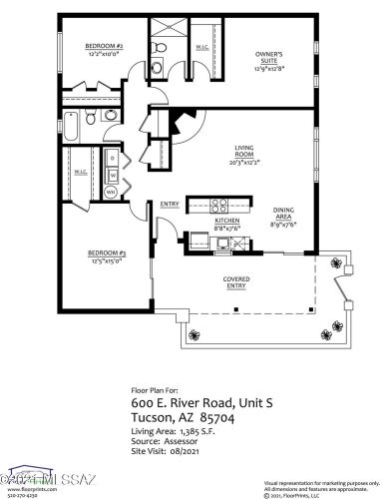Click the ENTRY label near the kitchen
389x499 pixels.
[x=169, y=205]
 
